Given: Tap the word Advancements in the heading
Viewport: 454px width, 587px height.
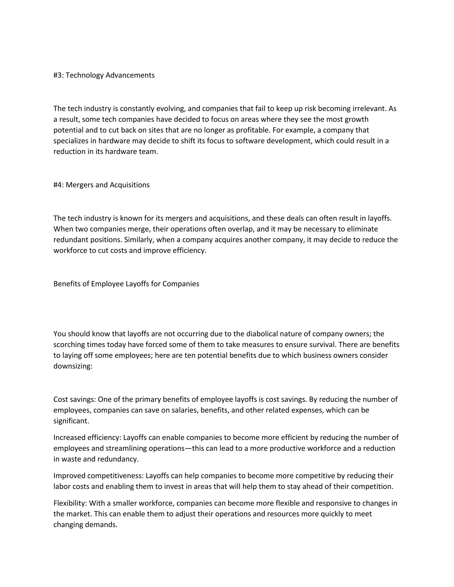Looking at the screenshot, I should click(130, 75).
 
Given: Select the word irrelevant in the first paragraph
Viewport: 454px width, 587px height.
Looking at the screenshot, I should click(369, 109).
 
